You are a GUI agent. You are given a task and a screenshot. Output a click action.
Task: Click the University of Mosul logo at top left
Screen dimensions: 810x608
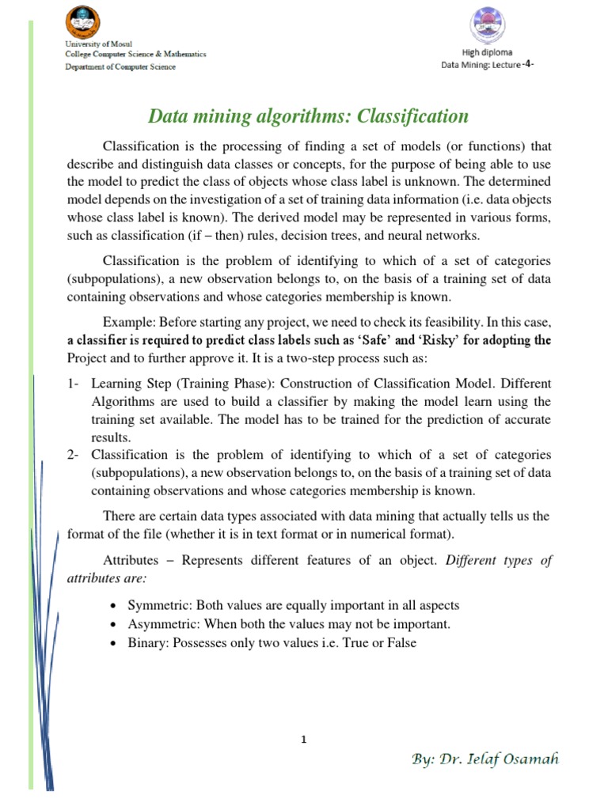87,21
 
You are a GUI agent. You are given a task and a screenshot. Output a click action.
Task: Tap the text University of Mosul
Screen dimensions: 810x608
100,43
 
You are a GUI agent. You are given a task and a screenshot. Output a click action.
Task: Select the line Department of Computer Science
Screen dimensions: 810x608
121,66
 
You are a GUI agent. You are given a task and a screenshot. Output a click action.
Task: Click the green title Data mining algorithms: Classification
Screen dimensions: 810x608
309,117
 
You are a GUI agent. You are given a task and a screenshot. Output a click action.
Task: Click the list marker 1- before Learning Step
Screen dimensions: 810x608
74,384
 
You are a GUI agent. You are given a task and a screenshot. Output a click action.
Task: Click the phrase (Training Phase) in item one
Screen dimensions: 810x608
207,384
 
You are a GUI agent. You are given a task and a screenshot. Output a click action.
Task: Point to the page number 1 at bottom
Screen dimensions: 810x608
304,740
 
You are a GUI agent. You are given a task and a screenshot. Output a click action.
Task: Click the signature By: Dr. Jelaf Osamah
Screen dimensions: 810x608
485,759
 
